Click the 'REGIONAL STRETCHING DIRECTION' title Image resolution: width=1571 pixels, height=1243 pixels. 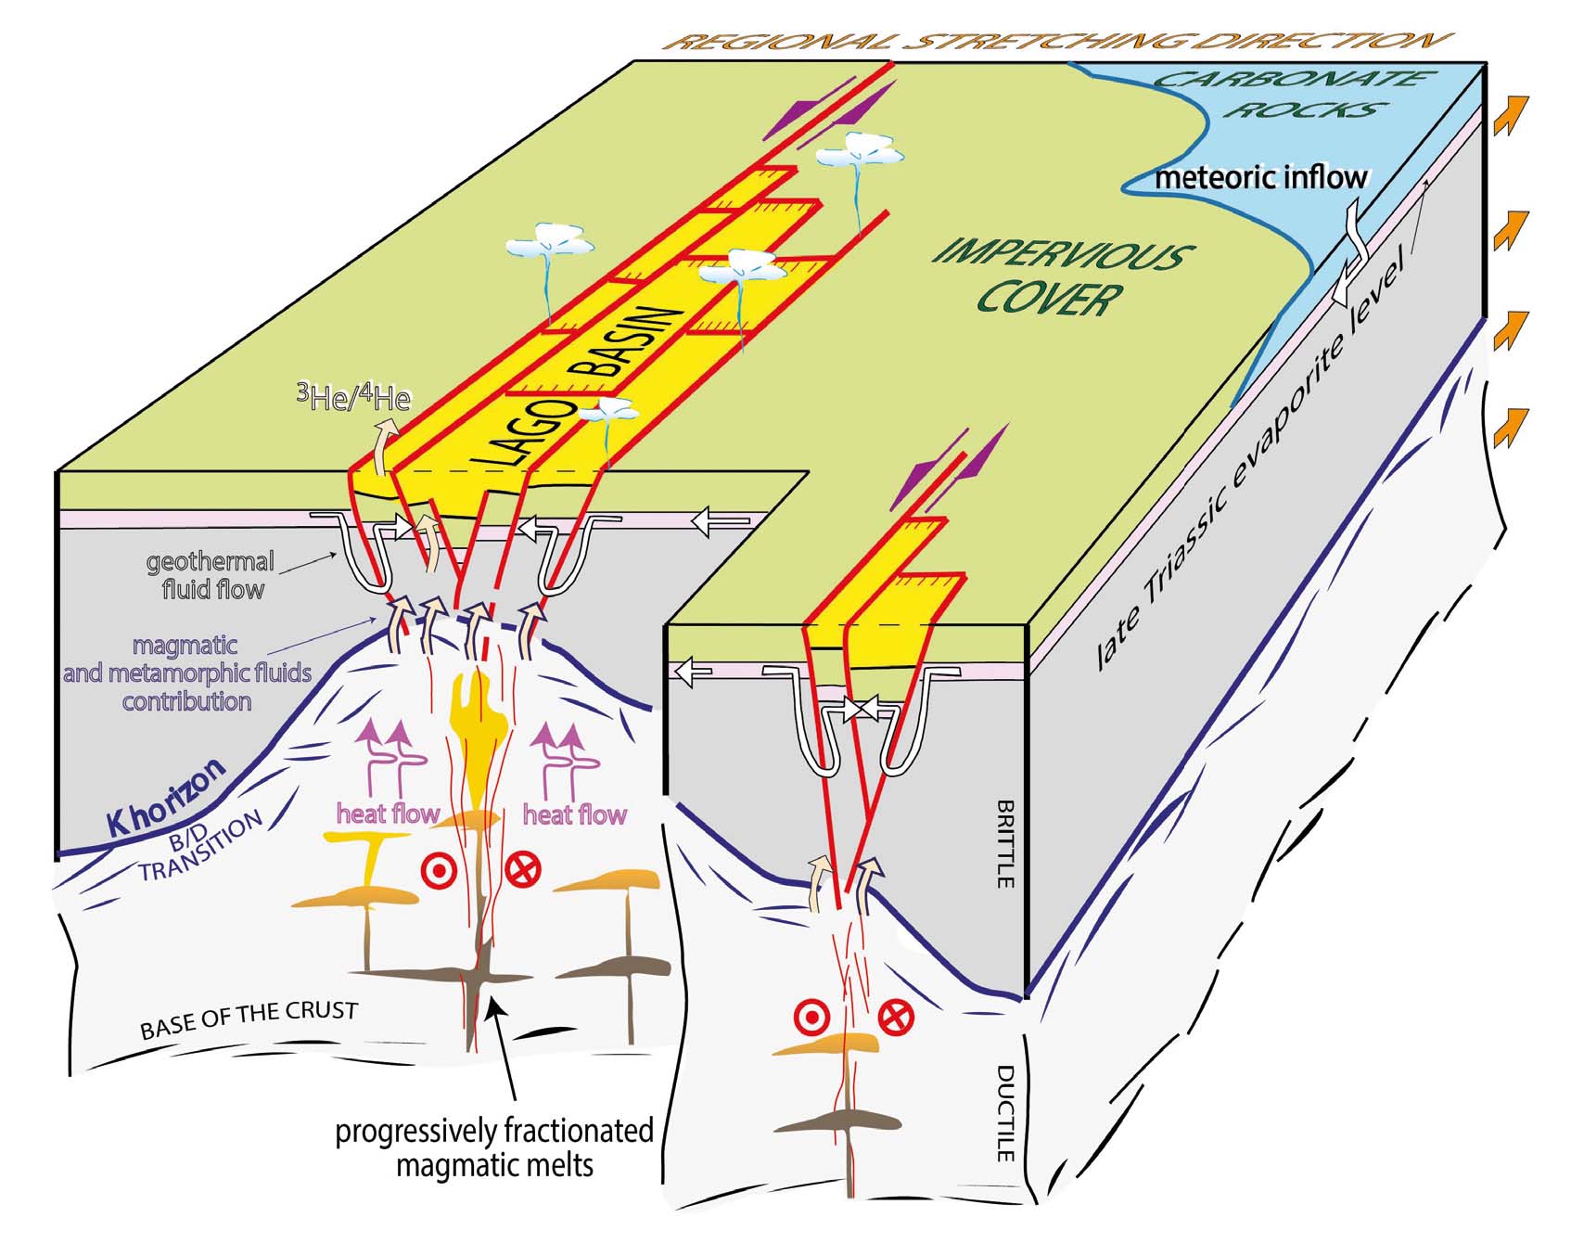(x=1057, y=42)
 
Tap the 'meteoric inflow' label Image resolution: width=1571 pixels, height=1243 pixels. (x=1261, y=177)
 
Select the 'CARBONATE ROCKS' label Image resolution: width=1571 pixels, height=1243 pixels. (x=1294, y=93)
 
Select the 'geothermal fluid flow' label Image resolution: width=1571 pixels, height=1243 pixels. (x=211, y=575)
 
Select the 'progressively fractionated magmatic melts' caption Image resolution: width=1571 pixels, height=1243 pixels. (x=494, y=1147)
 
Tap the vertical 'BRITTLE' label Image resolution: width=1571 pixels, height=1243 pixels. (x=1005, y=844)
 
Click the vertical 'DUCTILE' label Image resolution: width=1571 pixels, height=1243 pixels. (x=1005, y=1113)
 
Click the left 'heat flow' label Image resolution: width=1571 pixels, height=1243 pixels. (x=387, y=814)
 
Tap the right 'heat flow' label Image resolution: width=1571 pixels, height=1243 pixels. (x=574, y=814)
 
